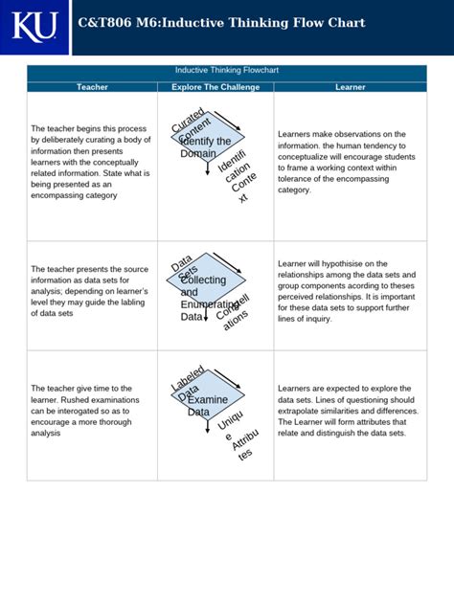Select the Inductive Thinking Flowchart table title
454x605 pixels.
click(227, 71)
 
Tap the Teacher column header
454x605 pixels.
click(92, 87)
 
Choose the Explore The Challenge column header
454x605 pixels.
click(216, 87)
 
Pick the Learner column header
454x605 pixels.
click(350, 87)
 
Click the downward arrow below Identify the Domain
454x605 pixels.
click(207, 169)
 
